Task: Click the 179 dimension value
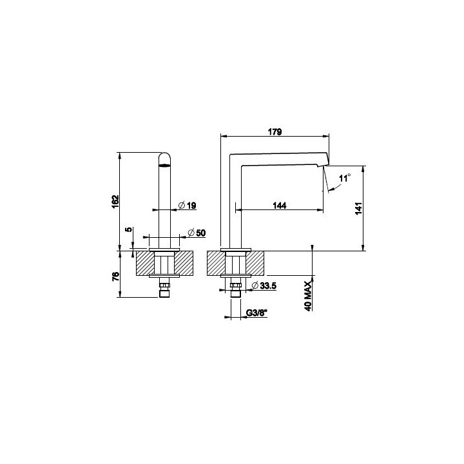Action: pyautogui.click(x=275, y=131)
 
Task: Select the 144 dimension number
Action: pyautogui.click(x=279, y=206)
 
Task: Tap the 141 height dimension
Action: pyautogui.click(x=358, y=208)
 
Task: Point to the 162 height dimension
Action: pyautogui.click(x=115, y=201)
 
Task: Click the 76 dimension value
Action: pyautogui.click(x=116, y=276)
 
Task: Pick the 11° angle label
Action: pyautogui.click(x=344, y=178)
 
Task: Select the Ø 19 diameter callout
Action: pyautogui.click(x=188, y=205)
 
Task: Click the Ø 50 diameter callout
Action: pyautogui.click(x=197, y=233)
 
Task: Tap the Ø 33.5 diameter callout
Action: pyautogui.click(x=264, y=285)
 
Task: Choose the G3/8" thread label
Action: pyautogui.click(x=257, y=313)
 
